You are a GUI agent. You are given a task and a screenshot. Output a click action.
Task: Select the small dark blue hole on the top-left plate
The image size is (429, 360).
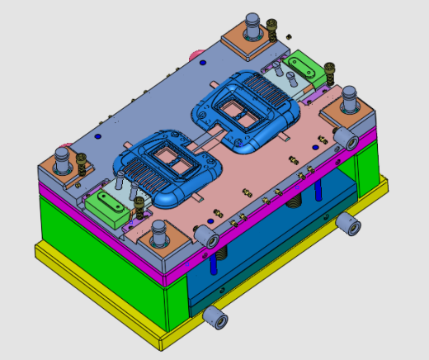click(x=98, y=135)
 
